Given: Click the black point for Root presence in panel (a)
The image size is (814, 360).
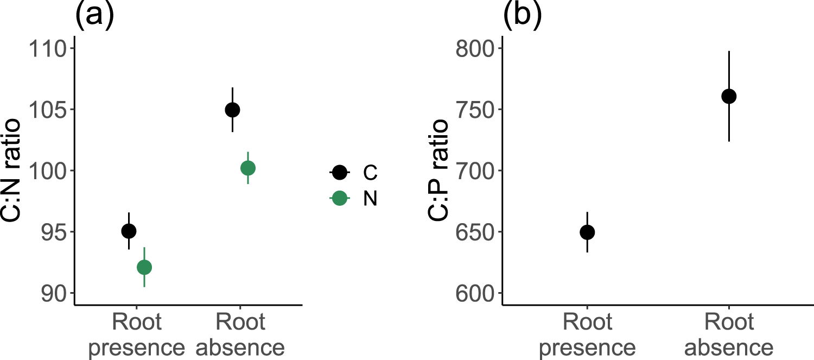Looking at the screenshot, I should click(129, 231).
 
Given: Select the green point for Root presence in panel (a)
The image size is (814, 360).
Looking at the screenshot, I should click(144, 267).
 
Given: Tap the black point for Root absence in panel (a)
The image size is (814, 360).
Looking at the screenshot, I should click(232, 110).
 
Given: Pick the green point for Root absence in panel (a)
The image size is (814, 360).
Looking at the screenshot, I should click(247, 168).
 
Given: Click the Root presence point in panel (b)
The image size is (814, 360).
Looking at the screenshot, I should click(587, 232).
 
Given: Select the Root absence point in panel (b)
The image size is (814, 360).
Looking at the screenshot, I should click(728, 97).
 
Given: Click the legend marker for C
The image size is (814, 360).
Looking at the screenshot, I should click(340, 173).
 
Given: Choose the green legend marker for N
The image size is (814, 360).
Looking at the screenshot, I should click(340, 198).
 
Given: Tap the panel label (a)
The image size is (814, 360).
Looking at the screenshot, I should click(94, 16).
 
